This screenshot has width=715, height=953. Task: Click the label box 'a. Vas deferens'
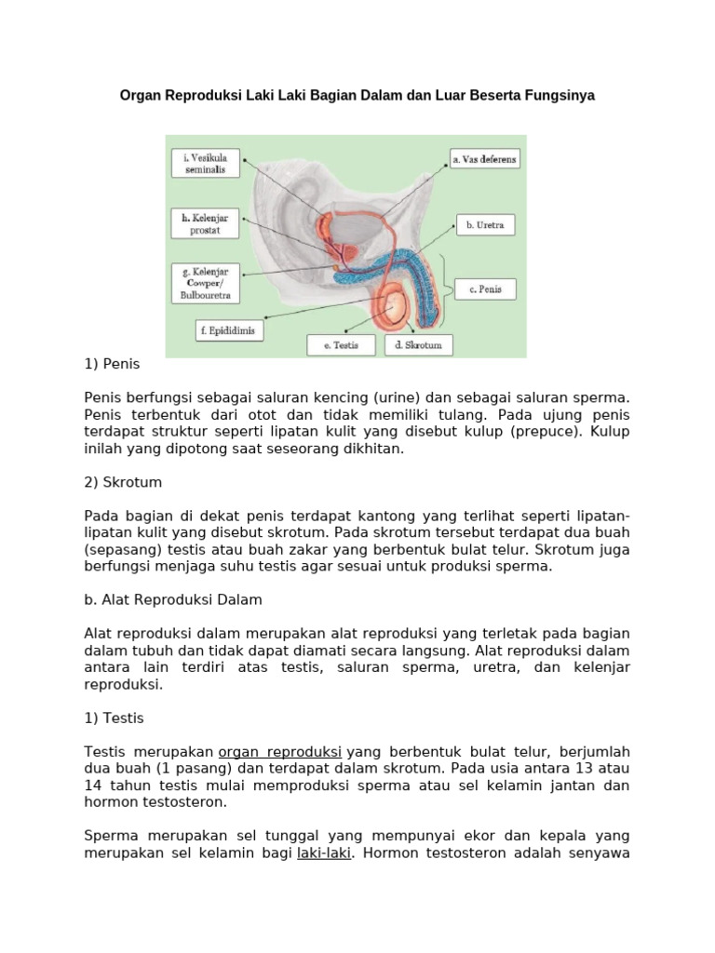click(484, 159)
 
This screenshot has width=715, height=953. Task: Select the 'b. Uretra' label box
click(484, 225)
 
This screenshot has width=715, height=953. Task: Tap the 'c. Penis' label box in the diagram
click(485, 289)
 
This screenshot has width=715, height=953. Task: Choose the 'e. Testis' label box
click(343, 346)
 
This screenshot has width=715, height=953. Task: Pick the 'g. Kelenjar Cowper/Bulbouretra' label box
click(206, 283)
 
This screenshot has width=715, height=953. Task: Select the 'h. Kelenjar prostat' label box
click(206, 224)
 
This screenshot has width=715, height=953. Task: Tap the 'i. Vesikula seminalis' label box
click(206, 164)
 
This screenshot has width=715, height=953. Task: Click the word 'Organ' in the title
click(142, 96)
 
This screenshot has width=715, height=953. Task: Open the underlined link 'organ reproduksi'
click(280, 751)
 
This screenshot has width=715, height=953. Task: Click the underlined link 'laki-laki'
click(323, 852)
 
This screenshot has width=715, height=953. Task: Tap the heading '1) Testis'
click(115, 718)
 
